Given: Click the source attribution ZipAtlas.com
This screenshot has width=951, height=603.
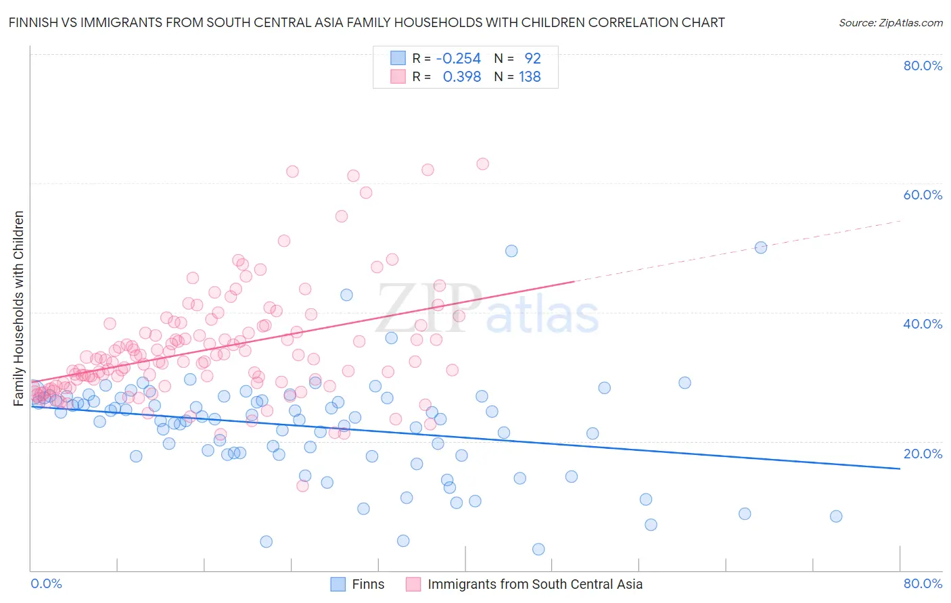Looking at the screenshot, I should point(890,22).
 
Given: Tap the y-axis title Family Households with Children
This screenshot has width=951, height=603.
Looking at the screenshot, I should point(19,308).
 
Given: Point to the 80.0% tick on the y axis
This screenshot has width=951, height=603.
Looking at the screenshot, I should point(923,66).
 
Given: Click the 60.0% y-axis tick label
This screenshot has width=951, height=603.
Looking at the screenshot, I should point(923,195).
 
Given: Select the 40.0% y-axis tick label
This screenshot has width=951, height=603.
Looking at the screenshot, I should point(923,324).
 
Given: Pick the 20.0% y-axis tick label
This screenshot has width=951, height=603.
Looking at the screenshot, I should point(923,454).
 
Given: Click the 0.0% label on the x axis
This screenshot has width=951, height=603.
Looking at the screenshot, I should point(46,584).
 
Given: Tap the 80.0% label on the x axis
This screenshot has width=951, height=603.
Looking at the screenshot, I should point(923,584).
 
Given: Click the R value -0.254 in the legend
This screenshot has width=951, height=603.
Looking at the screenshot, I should point(459,59).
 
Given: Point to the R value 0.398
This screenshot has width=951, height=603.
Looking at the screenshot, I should point(461,77).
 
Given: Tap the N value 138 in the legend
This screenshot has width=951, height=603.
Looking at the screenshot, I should point(530,77).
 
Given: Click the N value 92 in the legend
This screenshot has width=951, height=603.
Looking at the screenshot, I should point(532,59).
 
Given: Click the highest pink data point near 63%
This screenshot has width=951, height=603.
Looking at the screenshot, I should point(482,164).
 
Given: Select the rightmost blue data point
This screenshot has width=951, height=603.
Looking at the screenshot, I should point(836,516).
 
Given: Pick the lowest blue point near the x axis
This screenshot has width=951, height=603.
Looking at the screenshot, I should point(538,549).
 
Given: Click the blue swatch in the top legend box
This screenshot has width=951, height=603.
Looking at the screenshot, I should point(398,58).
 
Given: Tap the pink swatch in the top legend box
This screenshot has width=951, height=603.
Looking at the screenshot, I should point(398,76).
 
